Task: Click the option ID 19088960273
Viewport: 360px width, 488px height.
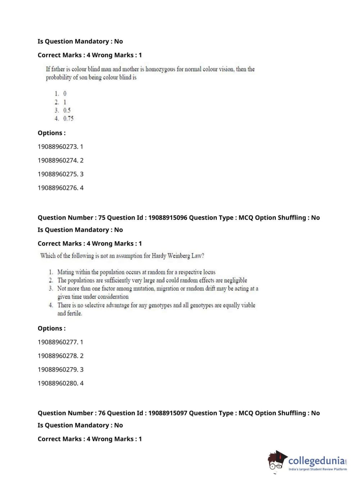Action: pyautogui.click(x=58, y=147)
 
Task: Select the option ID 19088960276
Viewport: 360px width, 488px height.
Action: pyautogui.click(x=58, y=188)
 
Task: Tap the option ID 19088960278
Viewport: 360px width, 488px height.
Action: pyautogui.click(x=58, y=356)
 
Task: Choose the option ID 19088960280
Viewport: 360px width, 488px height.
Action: pyautogui.click(x=58, y=383)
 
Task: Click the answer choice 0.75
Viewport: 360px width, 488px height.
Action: pyautogui.click(x=68, y=118)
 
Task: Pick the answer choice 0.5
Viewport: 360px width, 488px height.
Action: pyautogui.click(x=67, y=110)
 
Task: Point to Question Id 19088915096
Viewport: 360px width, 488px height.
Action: pyautogui.click(x=168, y=218)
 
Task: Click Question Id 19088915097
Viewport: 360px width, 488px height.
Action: pyautogui.click(x=168, y=413)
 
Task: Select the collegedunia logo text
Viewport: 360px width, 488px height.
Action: pyautogui.click(x=316, y=461)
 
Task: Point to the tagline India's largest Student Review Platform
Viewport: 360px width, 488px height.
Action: pyautogui.click(x=318, y=469)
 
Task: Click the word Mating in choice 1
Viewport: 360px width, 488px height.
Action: pyautogui.click(x=65, y=272)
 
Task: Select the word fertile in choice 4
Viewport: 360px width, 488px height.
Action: pyautogui.click(x=74, y=313)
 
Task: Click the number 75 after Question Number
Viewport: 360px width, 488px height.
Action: pyautogui.click(x=102, y=218)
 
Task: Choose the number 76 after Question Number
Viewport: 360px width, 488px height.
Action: pyautogui.click(x=102, y=413)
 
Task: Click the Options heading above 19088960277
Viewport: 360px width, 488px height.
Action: pyautogui.click(x=51, y=329)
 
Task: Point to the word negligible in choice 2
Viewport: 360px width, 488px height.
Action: pyautogui.click(x=236, y=280)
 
